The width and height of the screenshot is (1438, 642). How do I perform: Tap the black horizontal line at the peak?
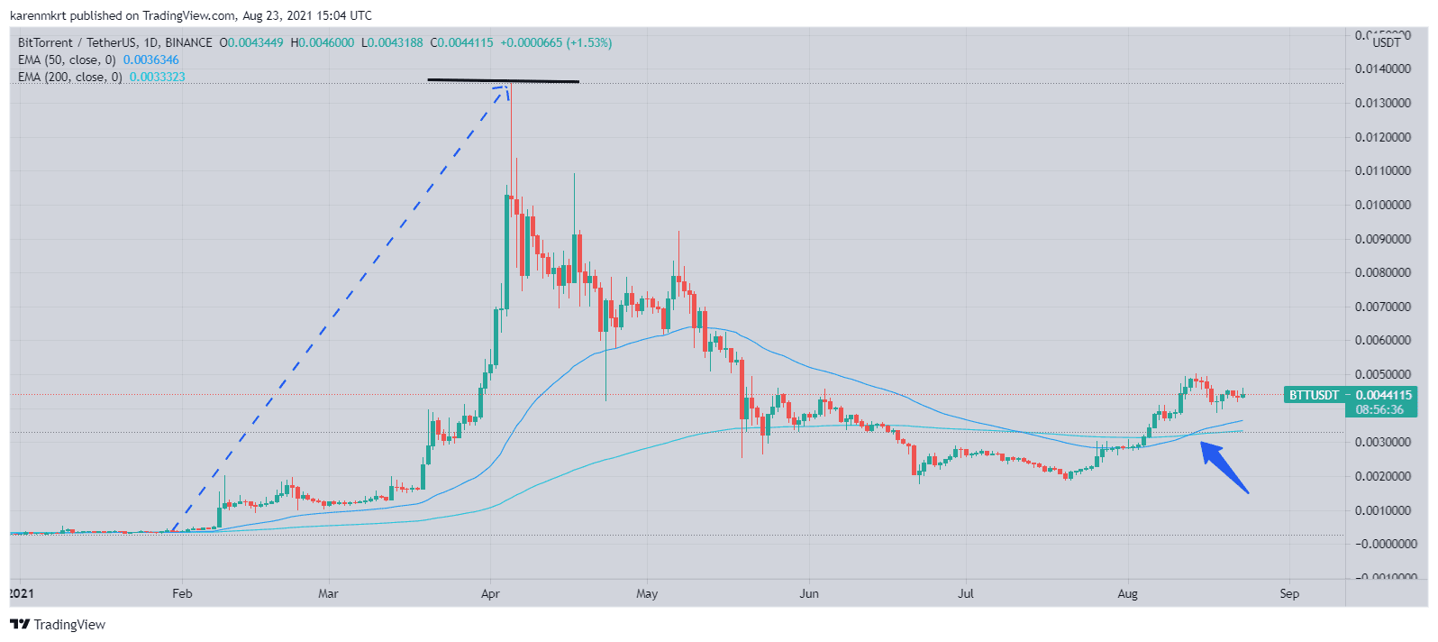click(503, 81)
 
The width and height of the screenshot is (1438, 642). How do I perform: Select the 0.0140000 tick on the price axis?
click(1382, 69)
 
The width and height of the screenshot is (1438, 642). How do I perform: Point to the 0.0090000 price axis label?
click(1382, 239)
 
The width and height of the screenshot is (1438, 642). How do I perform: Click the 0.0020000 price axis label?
click(1382, 476)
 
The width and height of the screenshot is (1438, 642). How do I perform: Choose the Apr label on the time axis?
click(490, 593)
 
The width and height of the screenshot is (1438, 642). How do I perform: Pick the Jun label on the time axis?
click(809, 593)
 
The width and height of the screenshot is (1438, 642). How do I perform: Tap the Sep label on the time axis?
click(1289, 593)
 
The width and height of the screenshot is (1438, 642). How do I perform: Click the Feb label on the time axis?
click(182, 593)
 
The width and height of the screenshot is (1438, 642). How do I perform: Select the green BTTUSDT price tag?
click(1314, 395)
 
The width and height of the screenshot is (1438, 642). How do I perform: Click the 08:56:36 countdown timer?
click(1379, 409)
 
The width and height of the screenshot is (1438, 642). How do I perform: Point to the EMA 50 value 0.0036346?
click(150, 60)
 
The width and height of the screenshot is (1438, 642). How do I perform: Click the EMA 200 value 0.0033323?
click(157, 77)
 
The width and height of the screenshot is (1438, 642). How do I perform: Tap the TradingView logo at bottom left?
click(59, 625)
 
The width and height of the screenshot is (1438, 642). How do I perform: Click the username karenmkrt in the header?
click(39, 15)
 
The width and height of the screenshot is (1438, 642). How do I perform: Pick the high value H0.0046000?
click(323, 42)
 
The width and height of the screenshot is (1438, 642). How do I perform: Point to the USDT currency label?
click(1387, 41)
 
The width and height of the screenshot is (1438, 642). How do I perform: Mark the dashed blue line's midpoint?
click(339, 307)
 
